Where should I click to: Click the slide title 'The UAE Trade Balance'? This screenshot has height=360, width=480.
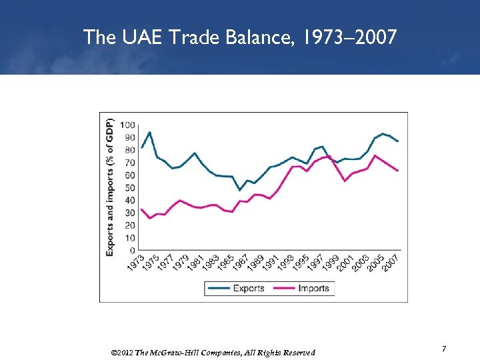click(240, 37)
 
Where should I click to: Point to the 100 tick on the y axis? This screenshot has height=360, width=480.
click(128, 125)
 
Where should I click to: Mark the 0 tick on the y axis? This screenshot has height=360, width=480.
click(133, 251)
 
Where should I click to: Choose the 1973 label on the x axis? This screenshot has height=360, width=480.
click(135, 263)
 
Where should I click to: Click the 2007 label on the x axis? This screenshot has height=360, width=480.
click(391, 263)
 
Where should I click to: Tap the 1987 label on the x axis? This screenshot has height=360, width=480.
click(241, 263)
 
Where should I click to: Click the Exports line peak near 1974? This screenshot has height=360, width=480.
click(149, 132)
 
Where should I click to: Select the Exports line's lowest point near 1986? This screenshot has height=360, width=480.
click(240, 190)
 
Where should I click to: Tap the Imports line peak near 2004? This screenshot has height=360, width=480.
click(375, 155)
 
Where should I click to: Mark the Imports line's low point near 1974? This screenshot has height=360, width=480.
click(150, 218)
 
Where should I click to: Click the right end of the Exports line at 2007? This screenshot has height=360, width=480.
click(398, 141)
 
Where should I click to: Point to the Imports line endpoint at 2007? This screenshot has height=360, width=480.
click(398, 171)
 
